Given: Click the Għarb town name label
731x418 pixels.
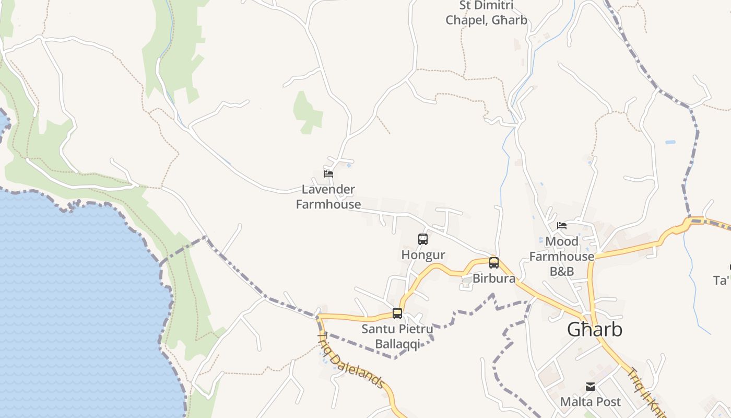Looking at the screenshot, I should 595,330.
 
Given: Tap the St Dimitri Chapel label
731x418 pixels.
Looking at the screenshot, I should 486,13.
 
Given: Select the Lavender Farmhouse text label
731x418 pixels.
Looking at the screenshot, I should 328,197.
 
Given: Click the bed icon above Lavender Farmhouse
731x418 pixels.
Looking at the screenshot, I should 328,174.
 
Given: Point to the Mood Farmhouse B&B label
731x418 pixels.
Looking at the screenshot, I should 562,256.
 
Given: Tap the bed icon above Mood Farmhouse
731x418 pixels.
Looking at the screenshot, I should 562,226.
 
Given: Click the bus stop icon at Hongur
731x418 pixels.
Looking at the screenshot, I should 423,239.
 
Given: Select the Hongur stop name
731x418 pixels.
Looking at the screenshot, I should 423,255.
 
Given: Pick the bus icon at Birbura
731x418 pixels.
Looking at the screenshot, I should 494,263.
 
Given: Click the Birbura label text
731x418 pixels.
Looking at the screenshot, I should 494,278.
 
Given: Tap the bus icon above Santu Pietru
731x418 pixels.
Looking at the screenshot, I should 397,313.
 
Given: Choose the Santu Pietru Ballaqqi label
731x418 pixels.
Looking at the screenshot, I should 397,336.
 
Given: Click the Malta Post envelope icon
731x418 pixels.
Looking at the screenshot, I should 591,387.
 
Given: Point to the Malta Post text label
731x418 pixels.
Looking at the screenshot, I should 591,402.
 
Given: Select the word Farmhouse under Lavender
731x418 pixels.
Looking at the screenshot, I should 328,204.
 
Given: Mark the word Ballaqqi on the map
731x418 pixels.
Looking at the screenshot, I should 397,344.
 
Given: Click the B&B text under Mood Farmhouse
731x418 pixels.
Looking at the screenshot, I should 562,271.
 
